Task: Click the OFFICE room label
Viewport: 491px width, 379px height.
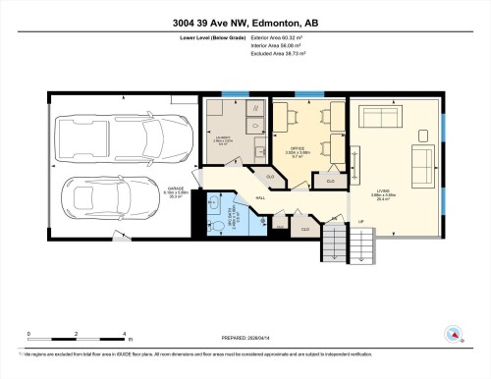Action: pos(299,150)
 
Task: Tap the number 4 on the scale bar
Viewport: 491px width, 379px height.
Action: pos(123,334)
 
